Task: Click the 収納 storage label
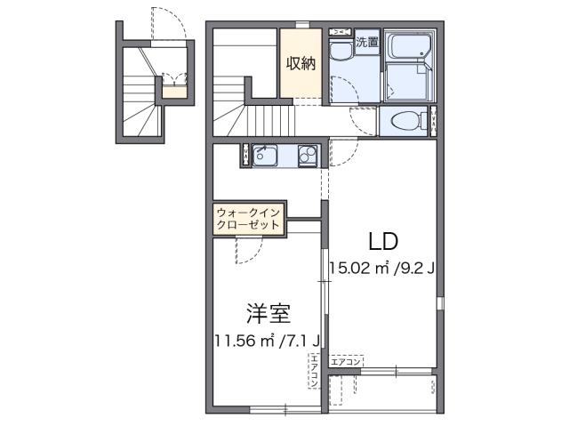(x=301, y=63)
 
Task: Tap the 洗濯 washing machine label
(x=366, y=42)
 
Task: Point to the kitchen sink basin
(x=264, y=156)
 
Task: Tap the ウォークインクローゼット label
(x=249, y=219)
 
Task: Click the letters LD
(x=382, y=240)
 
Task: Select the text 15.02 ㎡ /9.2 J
(x=381, y=266)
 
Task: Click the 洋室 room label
(x=268, y=313)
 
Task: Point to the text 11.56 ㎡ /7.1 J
(x=268, y=339)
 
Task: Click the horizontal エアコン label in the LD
(x=346, y=362)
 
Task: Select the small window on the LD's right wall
(x=438, y=303)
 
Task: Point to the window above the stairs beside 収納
(x=301, y=24)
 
